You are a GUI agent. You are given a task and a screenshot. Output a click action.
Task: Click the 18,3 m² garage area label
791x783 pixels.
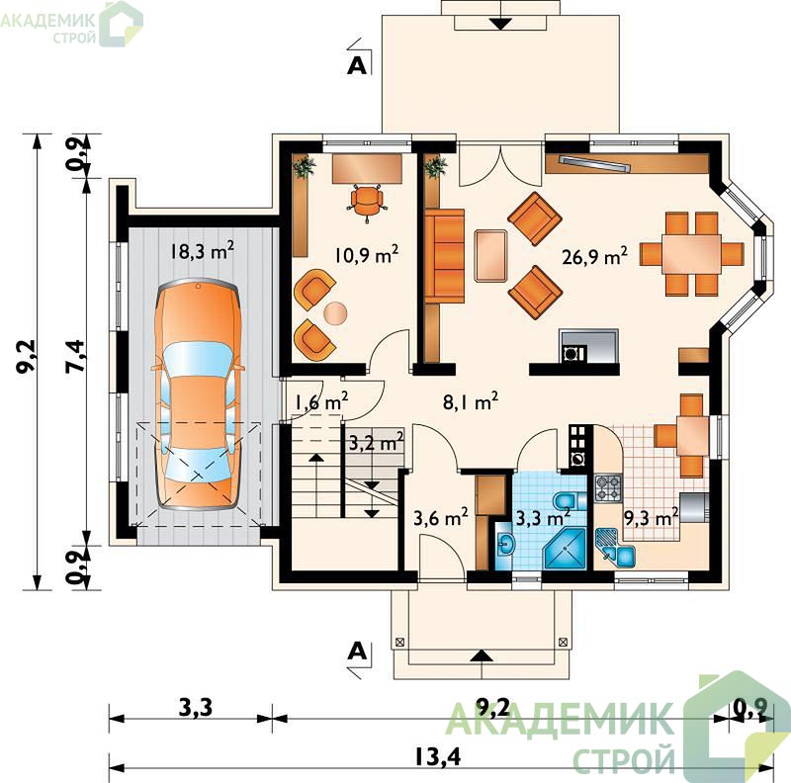pos(203,250)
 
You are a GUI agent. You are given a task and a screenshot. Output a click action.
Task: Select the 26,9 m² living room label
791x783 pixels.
pos(595,256)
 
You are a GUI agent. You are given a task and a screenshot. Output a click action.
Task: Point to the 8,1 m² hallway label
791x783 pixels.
pos(471,401)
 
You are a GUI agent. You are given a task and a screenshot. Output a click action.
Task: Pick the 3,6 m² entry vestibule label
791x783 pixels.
pos(440,517)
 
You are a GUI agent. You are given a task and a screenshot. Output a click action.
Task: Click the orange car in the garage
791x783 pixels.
pos(199,395)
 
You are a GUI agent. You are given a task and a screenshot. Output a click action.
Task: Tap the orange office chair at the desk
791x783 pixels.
pos(367,202)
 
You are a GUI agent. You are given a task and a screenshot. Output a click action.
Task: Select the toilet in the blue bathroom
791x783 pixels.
pos(570,501)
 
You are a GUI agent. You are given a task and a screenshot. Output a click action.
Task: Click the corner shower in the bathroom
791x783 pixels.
pos(565,549)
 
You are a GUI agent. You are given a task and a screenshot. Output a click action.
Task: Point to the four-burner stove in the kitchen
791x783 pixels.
pos(608,487)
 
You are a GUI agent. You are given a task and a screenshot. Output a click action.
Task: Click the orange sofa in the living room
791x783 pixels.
pos(444,256)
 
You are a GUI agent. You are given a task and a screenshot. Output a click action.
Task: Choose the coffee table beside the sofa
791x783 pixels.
pos(490,255)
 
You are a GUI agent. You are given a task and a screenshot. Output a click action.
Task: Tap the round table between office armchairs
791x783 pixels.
pos(335,312)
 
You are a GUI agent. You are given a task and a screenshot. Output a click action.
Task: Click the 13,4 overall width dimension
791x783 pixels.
pos(438,756)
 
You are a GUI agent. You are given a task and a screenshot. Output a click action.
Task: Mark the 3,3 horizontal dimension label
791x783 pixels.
pos(196,707)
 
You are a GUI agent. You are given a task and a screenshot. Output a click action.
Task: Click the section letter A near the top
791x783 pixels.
pos(357,65)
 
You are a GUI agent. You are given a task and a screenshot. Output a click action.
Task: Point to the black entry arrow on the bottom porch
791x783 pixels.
pos(483,655)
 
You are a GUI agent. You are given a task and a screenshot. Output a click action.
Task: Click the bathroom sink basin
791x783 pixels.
pos(504,545)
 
